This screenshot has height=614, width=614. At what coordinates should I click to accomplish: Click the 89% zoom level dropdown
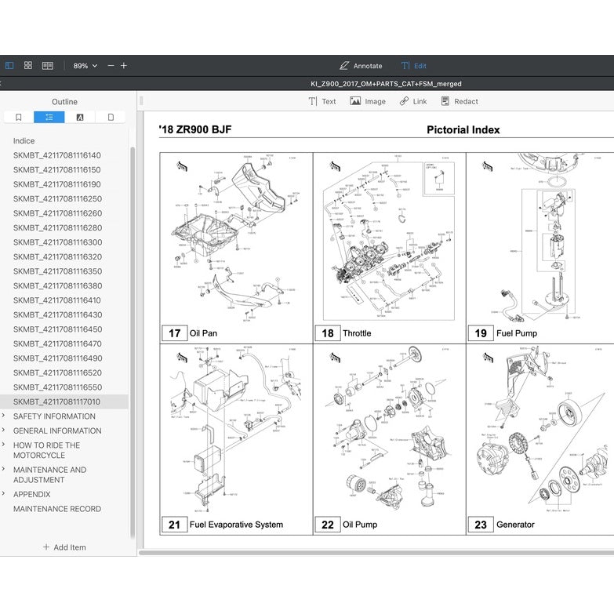(x=85, y=66)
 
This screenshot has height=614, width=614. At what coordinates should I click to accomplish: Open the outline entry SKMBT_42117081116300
(x=57, y=242)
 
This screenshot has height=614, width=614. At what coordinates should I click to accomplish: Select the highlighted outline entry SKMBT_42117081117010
(x=56, y=401)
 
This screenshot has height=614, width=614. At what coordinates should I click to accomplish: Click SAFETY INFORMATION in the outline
(x=54, y=416)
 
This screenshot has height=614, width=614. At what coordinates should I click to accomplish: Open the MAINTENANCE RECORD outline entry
(x=56, y=509)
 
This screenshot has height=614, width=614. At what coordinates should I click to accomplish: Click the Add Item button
(x=64, y=547)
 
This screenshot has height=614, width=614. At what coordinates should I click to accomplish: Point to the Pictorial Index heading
(x=463, y=130)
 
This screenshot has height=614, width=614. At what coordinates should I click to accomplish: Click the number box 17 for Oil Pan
(x=174, y=333)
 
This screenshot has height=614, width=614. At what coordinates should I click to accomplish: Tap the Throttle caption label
(x=357, y=333)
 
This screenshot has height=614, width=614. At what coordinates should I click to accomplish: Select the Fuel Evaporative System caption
(x=236, y=525)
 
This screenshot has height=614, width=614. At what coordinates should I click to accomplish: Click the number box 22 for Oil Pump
(x=328, y=525)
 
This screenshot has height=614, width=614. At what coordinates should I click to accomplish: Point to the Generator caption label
(x=515, y=525)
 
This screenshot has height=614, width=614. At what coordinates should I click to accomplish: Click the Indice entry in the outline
(x=24, y=141)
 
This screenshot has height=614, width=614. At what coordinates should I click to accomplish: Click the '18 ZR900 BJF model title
(x=194, y=130)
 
